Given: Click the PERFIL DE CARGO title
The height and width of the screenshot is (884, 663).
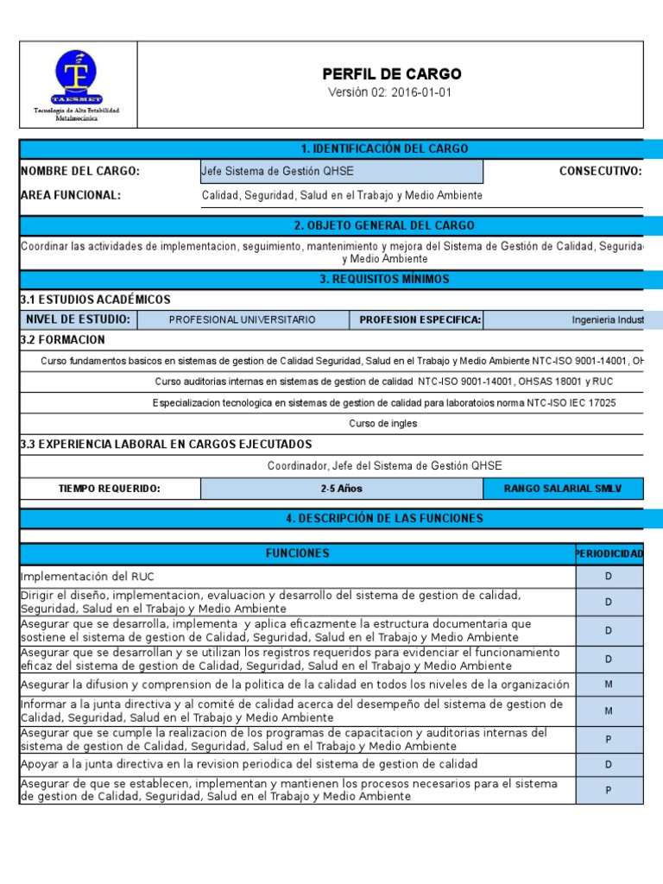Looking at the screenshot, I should pos(392,74).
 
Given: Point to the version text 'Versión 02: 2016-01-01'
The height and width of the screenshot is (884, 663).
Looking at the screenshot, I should pos(390,93).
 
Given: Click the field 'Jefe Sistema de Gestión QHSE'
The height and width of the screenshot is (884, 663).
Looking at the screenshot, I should pos(341,171).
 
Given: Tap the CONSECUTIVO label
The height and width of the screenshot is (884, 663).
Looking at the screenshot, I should pos(600,171).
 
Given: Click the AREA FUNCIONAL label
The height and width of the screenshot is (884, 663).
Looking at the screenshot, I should pos(71,195).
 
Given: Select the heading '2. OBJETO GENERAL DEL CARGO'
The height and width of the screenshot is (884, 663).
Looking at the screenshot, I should pos(383,225).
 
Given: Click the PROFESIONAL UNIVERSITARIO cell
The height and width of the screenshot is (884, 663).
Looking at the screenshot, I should pos(243,319).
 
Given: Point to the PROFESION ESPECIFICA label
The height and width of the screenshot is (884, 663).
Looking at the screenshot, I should pos(420,319).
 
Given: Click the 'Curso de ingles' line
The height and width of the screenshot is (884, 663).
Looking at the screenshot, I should pos(382,424).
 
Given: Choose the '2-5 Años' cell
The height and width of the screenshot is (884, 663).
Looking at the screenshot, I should pos(341,489).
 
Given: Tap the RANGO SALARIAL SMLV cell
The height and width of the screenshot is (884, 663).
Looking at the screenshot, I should pos(562,489).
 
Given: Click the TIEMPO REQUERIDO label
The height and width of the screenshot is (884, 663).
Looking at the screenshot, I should pos(110,489).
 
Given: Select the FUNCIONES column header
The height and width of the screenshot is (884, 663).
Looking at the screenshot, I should pos(297,553).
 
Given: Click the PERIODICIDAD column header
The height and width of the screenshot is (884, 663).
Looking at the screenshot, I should pos(609,553).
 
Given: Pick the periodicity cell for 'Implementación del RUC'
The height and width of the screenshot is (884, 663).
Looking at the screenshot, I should pos(609,576).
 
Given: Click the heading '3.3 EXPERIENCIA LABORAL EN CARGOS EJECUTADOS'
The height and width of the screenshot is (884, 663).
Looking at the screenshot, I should pos(166,444).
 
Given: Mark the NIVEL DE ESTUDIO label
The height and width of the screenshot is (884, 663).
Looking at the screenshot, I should pos(79,319).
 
